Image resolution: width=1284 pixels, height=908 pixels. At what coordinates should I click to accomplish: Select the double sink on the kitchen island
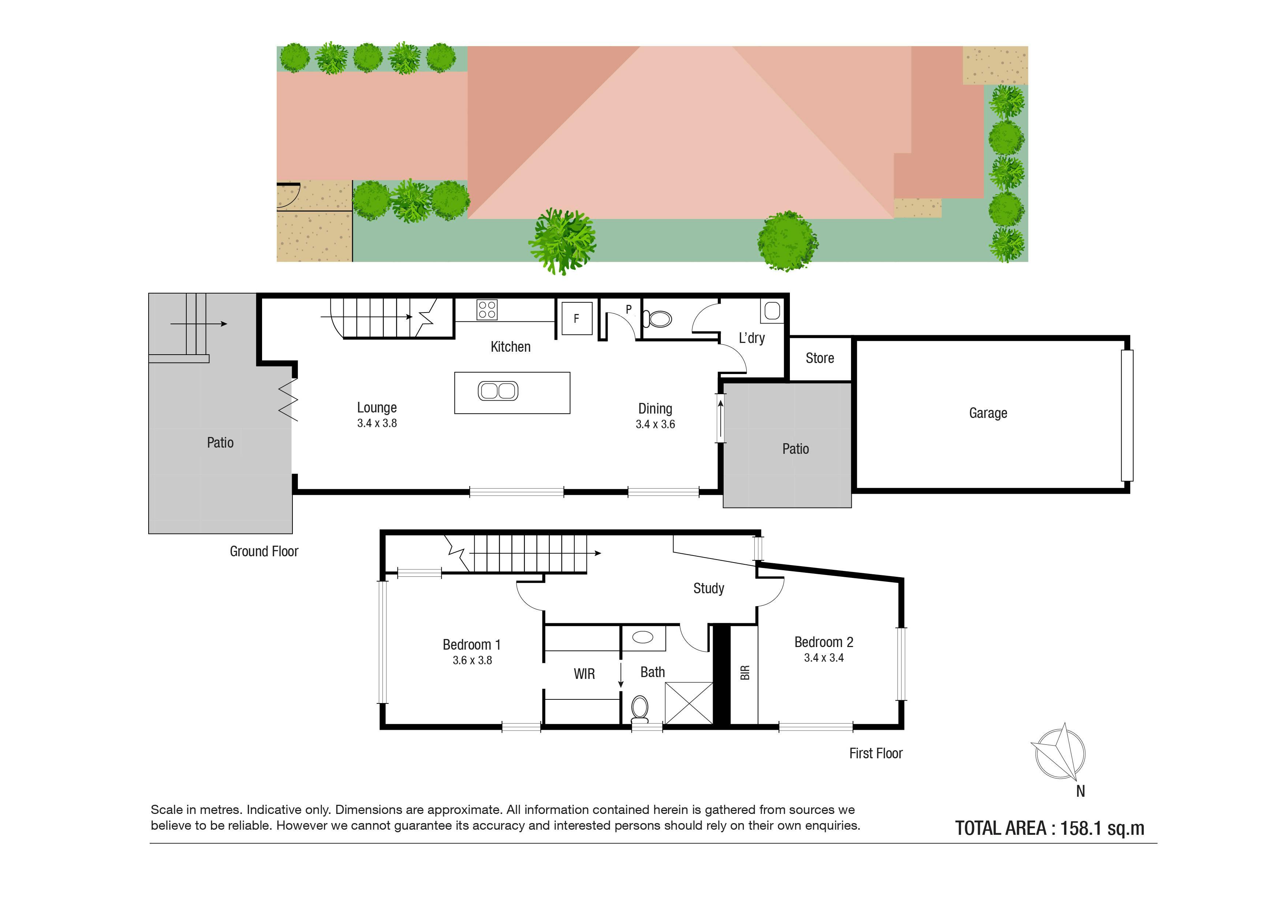click(x=498, y=390)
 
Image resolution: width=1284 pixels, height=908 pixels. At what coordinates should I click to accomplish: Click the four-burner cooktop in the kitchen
click(x=486, y=310)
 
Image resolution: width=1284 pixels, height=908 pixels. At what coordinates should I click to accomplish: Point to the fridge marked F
click(x=576, y=318)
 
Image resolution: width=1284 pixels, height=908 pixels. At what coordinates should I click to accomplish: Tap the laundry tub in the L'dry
click(x=772, y=310)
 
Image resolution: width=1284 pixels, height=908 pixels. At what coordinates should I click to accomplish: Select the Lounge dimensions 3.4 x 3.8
click(x=377, y=423)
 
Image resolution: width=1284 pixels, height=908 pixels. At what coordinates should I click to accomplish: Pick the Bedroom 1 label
click(x=471, y=644)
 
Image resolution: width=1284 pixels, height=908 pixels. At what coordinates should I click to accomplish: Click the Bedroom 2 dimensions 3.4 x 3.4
click(x=824, y=658)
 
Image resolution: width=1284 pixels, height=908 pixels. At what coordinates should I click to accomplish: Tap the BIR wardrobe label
click(x=744, y=673)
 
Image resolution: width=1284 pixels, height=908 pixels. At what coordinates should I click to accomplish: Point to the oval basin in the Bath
click(x=643, y=637)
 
